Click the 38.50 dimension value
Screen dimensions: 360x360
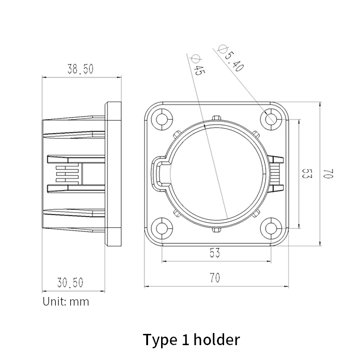pyautogui.click(x=81, y=69)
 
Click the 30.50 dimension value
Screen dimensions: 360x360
pyautogui.click(x=70, y=283)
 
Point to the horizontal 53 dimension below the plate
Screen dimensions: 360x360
pyautogui.click(x=215, y=253)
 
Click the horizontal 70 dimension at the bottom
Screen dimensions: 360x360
pyautogui.click(x=215, y=278)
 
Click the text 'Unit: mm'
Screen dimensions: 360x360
pyautogui.click(x=66, y=301)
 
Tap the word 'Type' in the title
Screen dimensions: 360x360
pyautogui.click(x=159, y=339)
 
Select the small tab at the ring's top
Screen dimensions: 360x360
pyautogui.click(x=217, y=118)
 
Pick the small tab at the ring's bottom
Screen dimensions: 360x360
pyautogui.click(x=217, y=230)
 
